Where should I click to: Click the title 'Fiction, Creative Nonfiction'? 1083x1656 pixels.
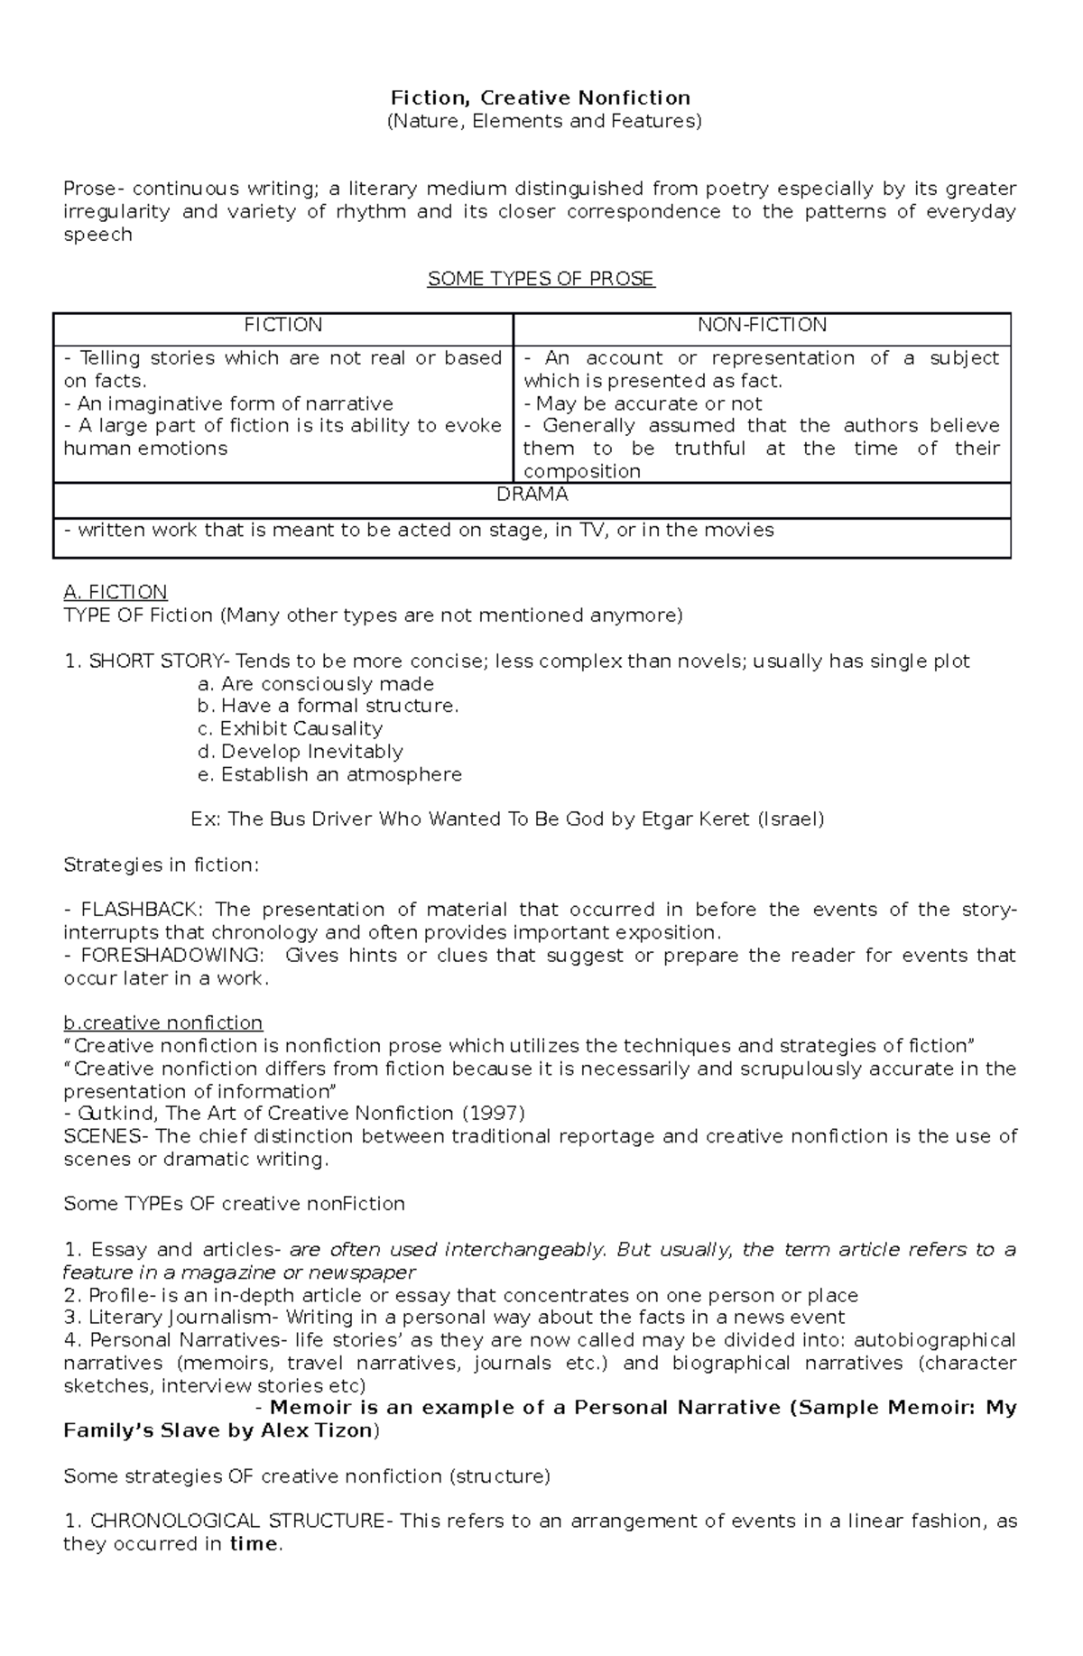(540, 97)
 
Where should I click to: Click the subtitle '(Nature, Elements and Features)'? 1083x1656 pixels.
(543, 121)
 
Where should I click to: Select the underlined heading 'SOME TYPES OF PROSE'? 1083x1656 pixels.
(541, 279)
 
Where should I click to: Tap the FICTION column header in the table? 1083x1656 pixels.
(282, 325)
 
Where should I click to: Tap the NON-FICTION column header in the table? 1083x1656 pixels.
(762, 325)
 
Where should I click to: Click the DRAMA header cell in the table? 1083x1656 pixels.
(532, 495)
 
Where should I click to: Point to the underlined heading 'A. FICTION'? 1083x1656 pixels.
(116, 592)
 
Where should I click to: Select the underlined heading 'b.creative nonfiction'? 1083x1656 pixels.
(163, 1022)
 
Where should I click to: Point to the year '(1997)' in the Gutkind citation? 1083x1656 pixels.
(493, 1113)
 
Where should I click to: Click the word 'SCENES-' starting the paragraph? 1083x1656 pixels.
(103, 1136)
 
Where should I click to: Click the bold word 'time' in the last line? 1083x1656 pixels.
(254, 1544)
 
